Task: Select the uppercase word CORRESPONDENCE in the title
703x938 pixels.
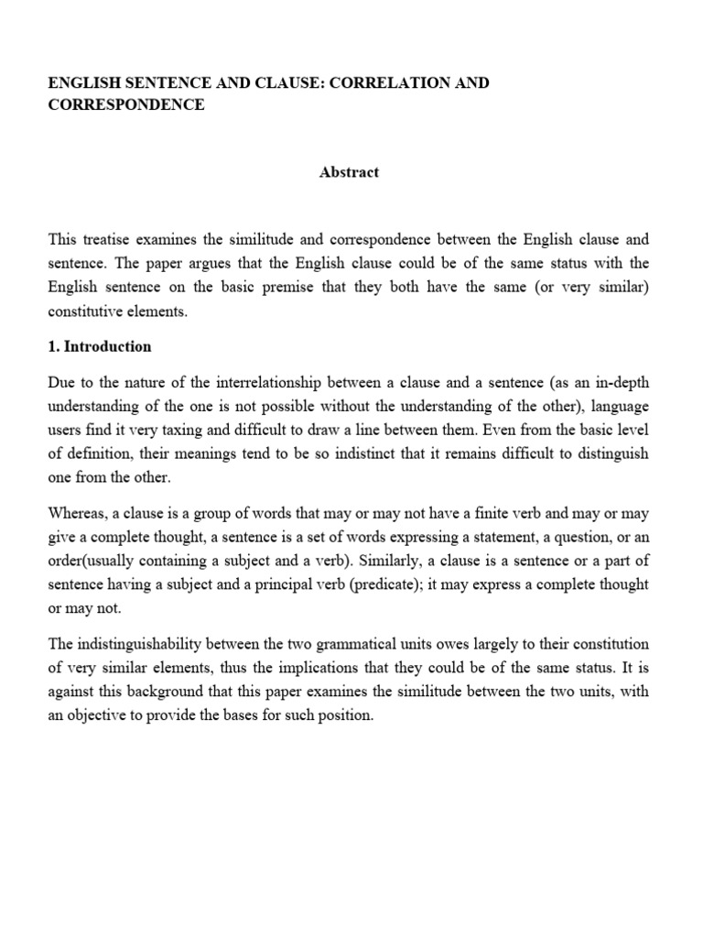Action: tap(126, 105)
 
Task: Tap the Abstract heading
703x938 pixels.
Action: tap(349, 172)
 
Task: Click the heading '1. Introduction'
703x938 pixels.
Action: tap(100, 347)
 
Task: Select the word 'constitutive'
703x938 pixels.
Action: tap(87, 312)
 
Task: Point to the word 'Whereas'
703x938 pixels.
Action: tap(76, 513)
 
